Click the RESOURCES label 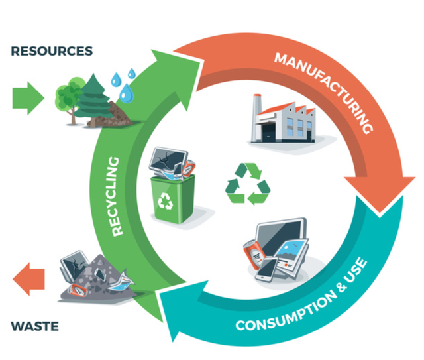(52, 51)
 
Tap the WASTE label (35, 326)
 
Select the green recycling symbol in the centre (248, 183)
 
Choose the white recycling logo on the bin (165, 202)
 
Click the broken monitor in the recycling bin (164, 160)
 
